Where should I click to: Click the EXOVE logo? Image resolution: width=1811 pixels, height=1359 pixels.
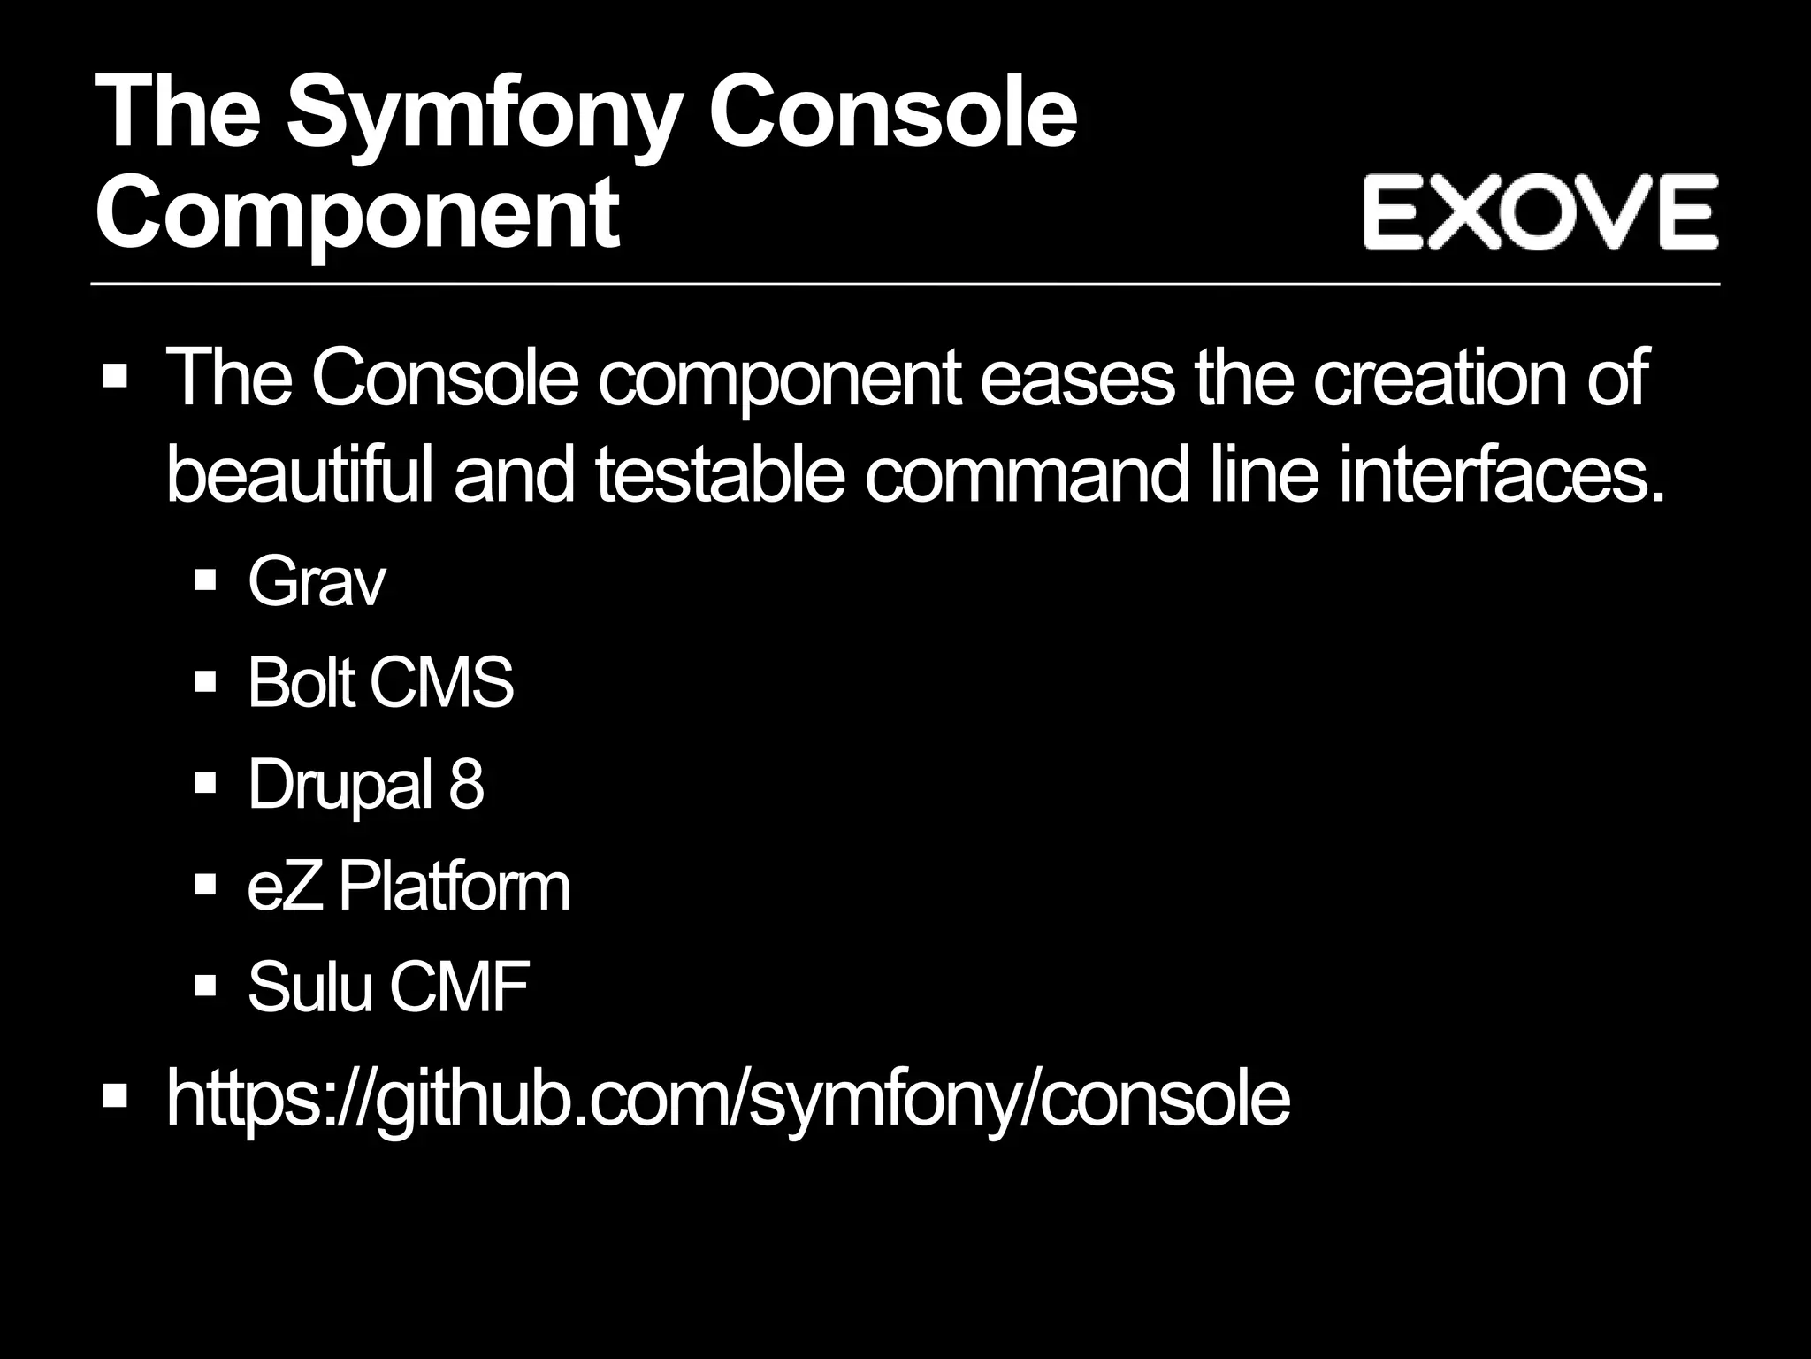click(1540, 211)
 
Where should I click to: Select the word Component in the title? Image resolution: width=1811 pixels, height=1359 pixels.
click(357, 213)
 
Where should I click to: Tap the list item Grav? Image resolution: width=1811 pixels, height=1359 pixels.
click(317, 582)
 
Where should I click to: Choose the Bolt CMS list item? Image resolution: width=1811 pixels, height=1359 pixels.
click(380, 683)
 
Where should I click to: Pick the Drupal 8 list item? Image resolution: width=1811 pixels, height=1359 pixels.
click(365, 784)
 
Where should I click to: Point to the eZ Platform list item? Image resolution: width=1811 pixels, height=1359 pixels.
click(409, 887)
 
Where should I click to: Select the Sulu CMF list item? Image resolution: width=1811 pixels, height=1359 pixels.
click(388, 987)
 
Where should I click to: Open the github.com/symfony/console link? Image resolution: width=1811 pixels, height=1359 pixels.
click(728, 1098)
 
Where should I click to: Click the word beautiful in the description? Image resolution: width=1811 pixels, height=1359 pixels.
click(300, 475)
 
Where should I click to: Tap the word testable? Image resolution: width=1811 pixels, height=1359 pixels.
click(718, 475)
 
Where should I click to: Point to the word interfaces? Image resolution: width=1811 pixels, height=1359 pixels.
click(1501, 475)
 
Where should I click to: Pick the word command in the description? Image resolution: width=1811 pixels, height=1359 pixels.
click(1027, 475)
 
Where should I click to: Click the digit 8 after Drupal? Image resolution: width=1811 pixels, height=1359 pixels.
click(466, 784)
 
